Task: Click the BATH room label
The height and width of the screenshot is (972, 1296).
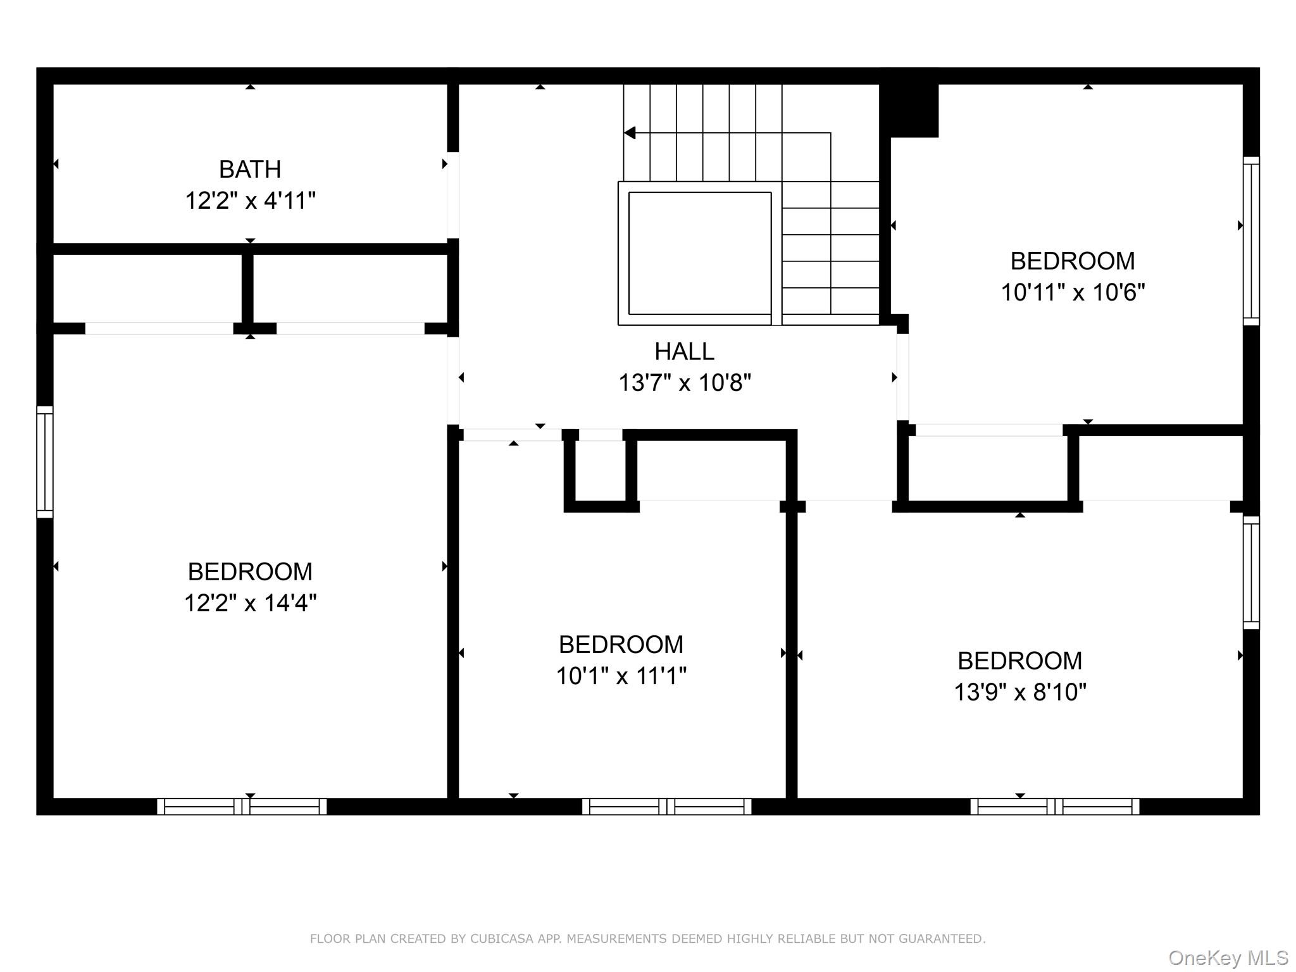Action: (250, 170)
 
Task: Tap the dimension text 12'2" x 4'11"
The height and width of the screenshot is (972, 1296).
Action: (250, 201)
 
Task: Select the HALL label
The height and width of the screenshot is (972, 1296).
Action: (684, 351)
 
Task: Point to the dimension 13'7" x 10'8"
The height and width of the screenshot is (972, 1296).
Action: (684, 383)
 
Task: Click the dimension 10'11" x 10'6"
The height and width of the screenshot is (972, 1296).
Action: (1073, 292)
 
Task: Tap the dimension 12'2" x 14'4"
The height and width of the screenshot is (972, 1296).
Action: (250, 603)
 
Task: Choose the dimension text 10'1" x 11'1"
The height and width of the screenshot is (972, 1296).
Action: (621, 676)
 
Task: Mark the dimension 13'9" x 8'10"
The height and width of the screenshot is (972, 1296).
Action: (1019, 692)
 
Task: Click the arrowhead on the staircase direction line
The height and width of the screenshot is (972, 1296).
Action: (630, 133)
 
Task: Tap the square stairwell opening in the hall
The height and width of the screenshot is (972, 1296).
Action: (699, 253)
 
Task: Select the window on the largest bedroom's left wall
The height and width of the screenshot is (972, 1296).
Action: (45, 462)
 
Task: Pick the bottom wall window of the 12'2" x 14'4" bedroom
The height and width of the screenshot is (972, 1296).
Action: (242, 806)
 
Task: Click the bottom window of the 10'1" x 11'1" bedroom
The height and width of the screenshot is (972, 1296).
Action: (666, 806)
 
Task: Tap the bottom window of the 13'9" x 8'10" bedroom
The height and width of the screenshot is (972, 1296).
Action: (1054, 806)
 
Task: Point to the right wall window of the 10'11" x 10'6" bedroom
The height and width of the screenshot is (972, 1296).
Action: (1251, 240)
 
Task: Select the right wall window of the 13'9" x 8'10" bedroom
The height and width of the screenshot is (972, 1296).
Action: (1251, 572)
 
